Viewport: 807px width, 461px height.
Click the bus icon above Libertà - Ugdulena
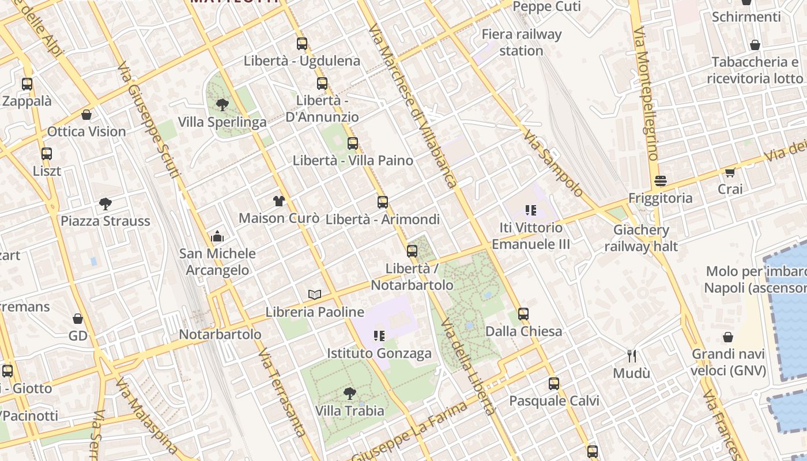click(301, 43)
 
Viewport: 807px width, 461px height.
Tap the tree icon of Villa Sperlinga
click(222, 105)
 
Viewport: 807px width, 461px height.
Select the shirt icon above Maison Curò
click(279, 201)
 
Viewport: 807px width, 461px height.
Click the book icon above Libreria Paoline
click(314, 295)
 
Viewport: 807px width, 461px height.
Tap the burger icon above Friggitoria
click(661, 182)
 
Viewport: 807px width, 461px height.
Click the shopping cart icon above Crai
click(730, 172)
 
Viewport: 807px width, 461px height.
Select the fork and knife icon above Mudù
click(632, 356)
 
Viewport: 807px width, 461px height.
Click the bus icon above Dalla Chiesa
click(523, 314)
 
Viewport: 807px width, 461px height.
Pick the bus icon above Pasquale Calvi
click(554, 383)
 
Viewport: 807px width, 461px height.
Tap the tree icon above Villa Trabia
click(349, 394)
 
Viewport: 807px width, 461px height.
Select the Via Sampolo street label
click(553, 163)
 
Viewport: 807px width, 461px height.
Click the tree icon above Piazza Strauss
click(105, 203)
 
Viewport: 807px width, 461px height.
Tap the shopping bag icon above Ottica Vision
click(86, 115)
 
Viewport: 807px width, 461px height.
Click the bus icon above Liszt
click(47, 154)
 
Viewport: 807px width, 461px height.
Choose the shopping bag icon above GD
click(78, 319)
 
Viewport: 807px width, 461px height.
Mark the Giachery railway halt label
click(641, 239)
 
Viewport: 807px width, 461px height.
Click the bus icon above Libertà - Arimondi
click(382, 202)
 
